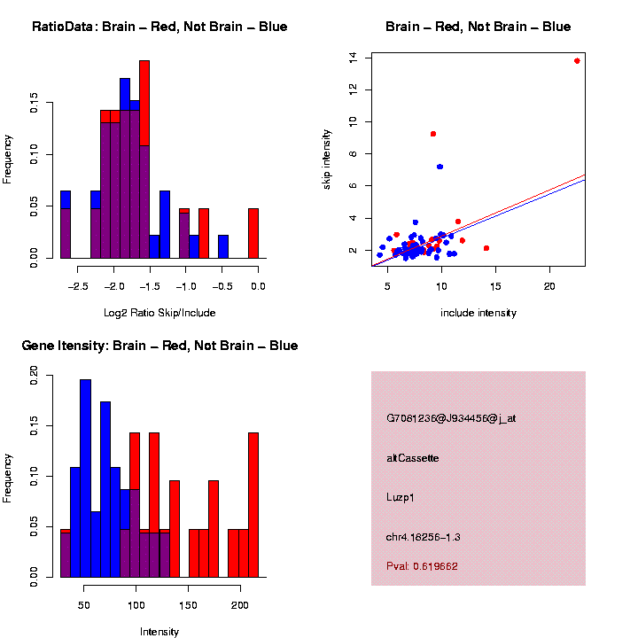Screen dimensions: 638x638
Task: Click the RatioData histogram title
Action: click(159, 27)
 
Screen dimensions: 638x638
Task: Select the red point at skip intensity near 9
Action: click(433, 134)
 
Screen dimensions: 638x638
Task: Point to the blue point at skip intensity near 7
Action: click(440, 167)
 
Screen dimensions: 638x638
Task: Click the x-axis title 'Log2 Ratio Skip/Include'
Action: click(159, 313)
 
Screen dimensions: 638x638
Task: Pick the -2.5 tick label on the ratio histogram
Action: click(78, 287)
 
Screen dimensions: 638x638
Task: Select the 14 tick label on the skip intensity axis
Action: click(354, 57)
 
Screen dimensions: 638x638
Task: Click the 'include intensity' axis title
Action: click(478, 313)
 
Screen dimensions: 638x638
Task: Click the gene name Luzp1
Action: click(401, 497)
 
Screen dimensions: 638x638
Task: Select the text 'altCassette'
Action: click(413, 458)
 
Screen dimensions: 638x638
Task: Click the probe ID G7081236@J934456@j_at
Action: click(451, 418)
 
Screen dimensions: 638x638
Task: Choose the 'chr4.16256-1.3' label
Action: click(424, 537)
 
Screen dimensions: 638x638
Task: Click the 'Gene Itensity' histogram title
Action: click(159, 346)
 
